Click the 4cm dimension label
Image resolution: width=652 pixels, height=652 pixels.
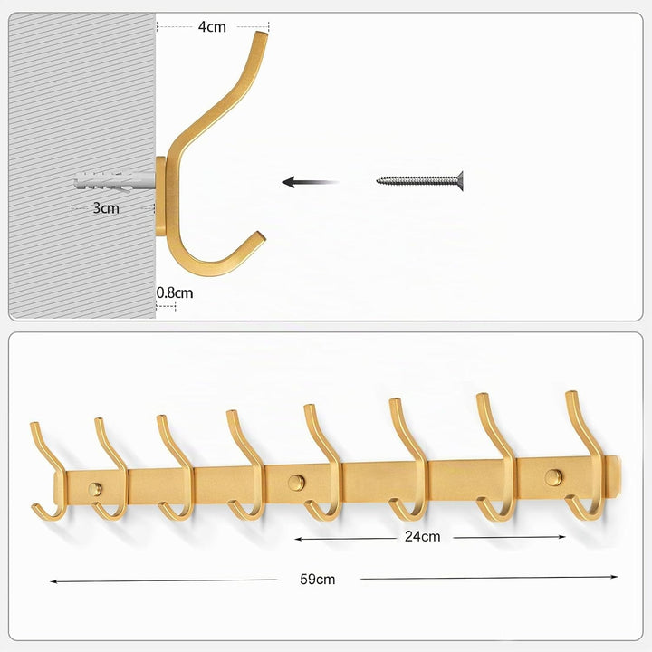tap(212, 27)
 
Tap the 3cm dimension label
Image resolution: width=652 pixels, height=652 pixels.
tap(106, 207)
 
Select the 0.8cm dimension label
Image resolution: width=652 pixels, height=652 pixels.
tap(175, 292)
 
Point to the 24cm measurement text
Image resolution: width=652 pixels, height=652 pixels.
tap(423, 536)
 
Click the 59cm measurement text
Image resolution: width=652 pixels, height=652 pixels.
tap(317, 580)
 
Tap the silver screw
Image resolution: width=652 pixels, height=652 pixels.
tap(419, 180)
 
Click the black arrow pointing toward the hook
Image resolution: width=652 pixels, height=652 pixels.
tap(311, 182)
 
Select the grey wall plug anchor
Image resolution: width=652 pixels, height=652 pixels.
tap(115, 181)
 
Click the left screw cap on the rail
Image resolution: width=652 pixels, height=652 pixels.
tap(95, 489)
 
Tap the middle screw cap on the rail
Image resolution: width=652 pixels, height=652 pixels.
tap(296, 482)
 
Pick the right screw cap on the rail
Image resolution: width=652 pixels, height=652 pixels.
tap(553, 477)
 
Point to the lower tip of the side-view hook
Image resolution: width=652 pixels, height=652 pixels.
tap(260, 236)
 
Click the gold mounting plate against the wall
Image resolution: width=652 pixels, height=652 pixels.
tap(160, 196)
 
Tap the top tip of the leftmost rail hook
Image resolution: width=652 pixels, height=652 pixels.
tap(34, 424)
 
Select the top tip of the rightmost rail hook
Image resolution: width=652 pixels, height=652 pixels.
tap(570, 393)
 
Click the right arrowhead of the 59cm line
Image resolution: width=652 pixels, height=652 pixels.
tap(615, 577)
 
